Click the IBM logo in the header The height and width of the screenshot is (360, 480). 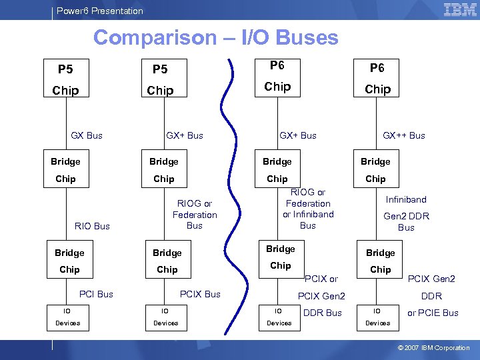coord(459,10)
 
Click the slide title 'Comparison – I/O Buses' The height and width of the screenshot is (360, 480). coord(215,37)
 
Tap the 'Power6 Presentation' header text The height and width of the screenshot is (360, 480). coord(100,11)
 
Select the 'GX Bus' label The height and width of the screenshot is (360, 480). coord(87,135)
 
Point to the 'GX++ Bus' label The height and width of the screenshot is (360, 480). coord(403,135)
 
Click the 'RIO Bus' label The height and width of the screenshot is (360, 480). coord(93,226)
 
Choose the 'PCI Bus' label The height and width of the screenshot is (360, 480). coord(96,294)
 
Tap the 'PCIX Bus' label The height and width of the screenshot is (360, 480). coord(200,294)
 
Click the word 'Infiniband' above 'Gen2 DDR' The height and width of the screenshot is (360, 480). coord(406,199)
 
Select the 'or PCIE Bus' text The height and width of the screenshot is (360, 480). coord(433,313)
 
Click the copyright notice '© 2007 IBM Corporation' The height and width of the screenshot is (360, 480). coord(433,347)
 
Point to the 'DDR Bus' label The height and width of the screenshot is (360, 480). coord(322,313)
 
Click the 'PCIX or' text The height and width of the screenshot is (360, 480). coord(321,279)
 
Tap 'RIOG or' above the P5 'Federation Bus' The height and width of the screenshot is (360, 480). coord(194,203)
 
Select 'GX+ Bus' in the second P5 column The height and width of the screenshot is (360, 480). coord(185,135)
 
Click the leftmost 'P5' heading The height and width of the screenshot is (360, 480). coord(65,69)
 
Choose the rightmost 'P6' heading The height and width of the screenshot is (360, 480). coord(377,68)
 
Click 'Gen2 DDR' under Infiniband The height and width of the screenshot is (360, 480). coord(406,216)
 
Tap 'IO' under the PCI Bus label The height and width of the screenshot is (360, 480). coord(67,310)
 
